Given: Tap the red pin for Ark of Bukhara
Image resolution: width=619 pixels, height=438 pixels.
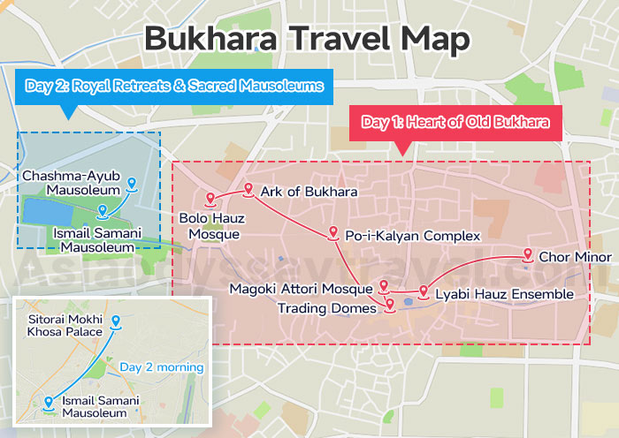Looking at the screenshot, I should tap(248, 188).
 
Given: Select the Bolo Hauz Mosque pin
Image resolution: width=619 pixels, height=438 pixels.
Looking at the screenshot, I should tap(210, 198).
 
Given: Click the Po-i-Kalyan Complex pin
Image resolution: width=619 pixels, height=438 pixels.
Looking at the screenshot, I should tap(332, 232).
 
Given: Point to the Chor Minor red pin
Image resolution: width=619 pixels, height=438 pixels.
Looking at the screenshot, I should tap(528, 254).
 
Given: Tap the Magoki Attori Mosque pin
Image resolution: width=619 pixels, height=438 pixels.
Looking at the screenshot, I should tap(384, 285).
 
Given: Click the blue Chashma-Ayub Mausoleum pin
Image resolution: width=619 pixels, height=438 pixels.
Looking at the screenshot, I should tap(132, 183).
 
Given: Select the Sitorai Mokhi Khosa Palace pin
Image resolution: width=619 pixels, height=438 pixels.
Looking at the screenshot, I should tap(116, 320).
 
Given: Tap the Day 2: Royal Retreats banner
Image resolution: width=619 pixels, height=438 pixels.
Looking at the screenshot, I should tap(174, 86).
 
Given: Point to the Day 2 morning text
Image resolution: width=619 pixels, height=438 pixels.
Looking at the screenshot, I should tap(162, 367).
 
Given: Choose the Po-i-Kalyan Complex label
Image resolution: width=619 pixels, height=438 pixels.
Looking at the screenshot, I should tap(412, 236).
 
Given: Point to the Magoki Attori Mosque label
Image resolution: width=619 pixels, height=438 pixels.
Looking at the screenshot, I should tap(301, 290).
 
